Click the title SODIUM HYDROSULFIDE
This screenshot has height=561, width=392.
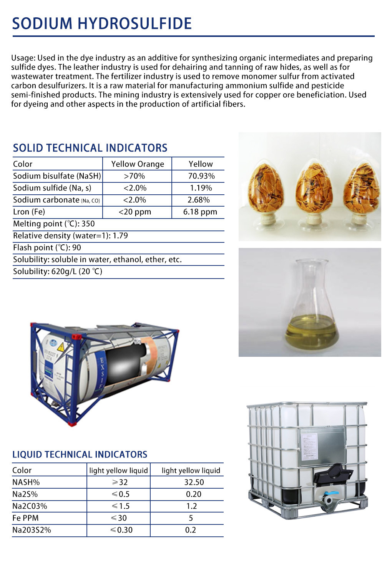coord(102,24)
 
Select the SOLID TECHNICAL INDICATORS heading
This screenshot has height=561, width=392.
coord(90,148)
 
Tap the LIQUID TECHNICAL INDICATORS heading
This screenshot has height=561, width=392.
coord(80,454)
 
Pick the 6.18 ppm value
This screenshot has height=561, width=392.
coord(200,212)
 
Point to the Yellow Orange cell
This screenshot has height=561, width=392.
coord(138,164)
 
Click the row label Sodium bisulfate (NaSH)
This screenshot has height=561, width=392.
coord(57,176)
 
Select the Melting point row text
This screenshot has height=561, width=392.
coord(54,224)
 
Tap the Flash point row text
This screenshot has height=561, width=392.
coord(47,248)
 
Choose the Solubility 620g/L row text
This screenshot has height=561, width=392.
coord(58,272)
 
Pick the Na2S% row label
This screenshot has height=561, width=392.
coord(25,494)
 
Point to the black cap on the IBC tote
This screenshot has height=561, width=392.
coord(333,473)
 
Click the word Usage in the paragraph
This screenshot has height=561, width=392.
coord(23,58)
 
